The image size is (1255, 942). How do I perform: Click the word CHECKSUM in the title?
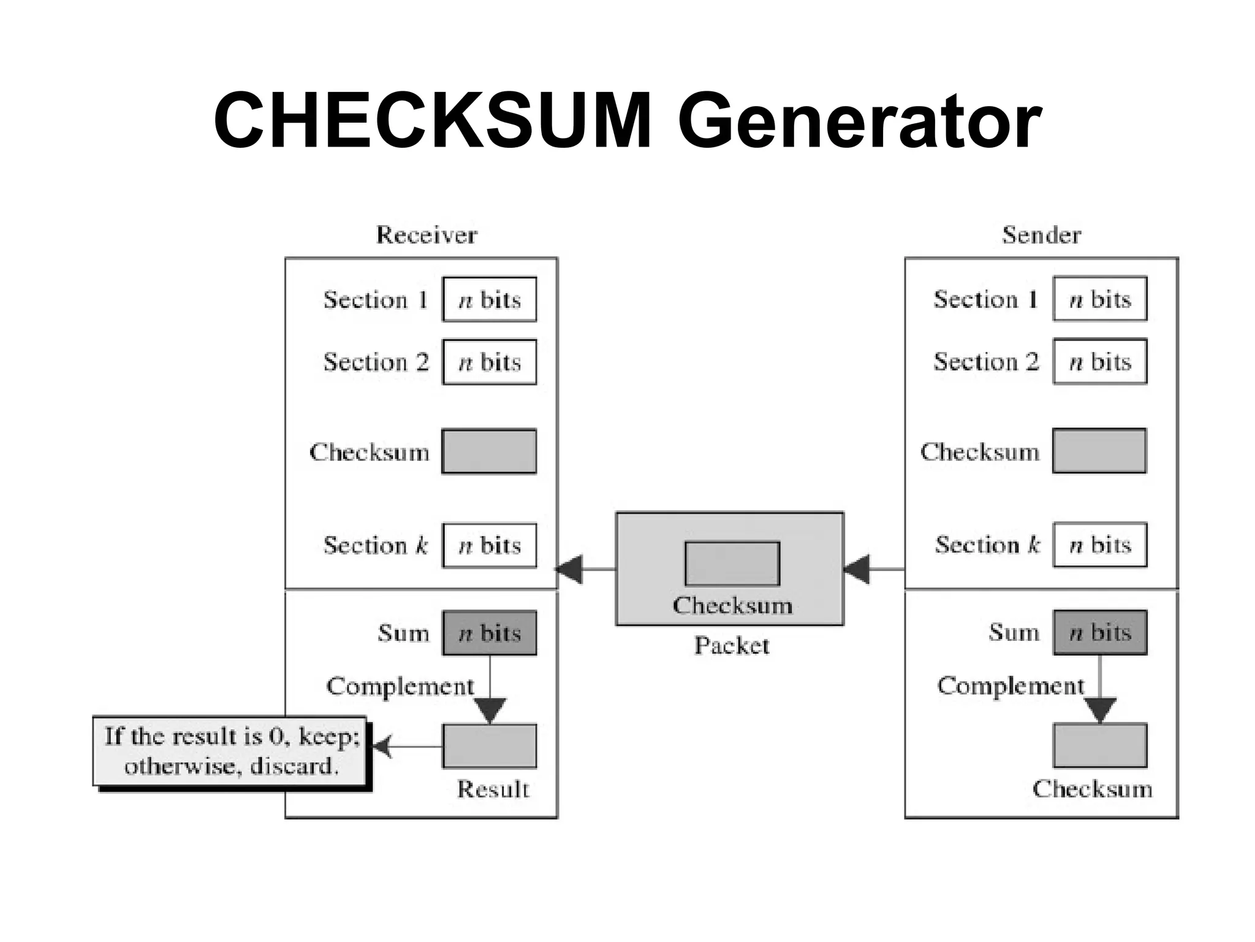[432, 120]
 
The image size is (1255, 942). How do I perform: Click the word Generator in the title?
[859, 121]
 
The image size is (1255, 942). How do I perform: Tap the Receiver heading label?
[427, 235]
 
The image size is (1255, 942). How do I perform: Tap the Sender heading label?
[1041, 235]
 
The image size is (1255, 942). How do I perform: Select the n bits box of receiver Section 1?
[489, 299]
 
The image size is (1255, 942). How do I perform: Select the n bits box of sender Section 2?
[1100, 361]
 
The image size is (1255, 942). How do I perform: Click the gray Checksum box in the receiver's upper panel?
[489, 451]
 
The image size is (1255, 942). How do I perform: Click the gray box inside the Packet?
[732, 564]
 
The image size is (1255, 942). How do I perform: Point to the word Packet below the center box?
[732, 645]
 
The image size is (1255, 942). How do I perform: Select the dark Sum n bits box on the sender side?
[1100, 632]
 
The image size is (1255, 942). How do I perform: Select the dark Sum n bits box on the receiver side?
[489, 633]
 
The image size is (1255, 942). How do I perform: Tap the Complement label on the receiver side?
[400, 686]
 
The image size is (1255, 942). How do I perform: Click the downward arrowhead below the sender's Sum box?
[1100, 710]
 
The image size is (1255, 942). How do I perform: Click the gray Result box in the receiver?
[489, 746]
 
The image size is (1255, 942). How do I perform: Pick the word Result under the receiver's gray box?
[493, 789]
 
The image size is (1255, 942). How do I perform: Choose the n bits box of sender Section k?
[1100, 545]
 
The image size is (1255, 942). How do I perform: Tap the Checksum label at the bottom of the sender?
[1092, 789]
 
